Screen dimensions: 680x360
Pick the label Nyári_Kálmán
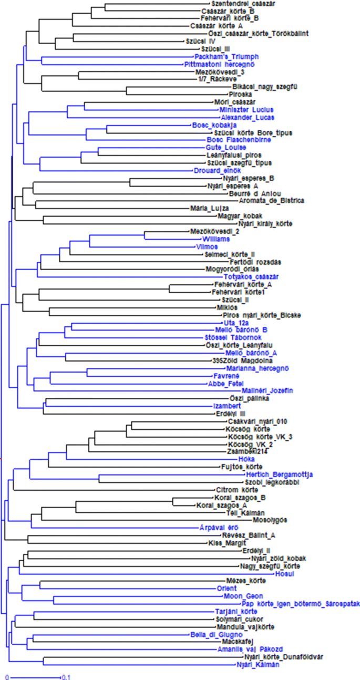pos(258,664)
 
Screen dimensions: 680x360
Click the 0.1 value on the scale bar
pos(66,677)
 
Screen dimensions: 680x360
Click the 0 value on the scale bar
pos(7,677)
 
